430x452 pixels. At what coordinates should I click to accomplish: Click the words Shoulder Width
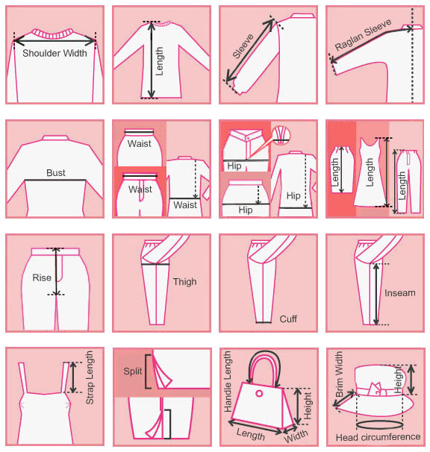pos(54,53)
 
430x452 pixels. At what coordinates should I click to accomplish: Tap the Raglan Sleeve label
pos(363,34)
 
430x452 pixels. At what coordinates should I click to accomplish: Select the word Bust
pos(56,173)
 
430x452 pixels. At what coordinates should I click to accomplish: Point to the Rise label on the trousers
pos(42,277)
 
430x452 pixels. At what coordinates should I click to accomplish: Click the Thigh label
pos(184,282)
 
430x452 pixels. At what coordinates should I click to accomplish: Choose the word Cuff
pos(288,318)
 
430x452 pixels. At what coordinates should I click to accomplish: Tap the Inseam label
pos(399,293)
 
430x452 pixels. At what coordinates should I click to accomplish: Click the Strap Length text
pos(90,377)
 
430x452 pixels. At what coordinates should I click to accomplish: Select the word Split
pos(132,371)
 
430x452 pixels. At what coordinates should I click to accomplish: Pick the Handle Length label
pos(228,381)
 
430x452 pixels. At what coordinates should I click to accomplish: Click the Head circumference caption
pos(378,437)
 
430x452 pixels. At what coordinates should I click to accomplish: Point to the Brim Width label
pos(339,374)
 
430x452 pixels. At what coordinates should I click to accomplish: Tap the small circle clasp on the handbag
pos(259,393)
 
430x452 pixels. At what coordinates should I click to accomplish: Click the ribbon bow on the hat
pos(376,389)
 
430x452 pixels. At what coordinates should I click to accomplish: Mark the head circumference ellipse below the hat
pos(379,424)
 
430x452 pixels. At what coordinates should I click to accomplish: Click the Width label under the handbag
pos(296,436)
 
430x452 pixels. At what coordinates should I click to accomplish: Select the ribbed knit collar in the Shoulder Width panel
pos(52,34)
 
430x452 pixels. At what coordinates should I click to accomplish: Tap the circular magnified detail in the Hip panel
pos(280,135)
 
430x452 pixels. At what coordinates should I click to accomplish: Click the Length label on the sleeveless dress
pos(370,172)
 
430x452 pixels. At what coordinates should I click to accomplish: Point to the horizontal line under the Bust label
pos(55,181)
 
